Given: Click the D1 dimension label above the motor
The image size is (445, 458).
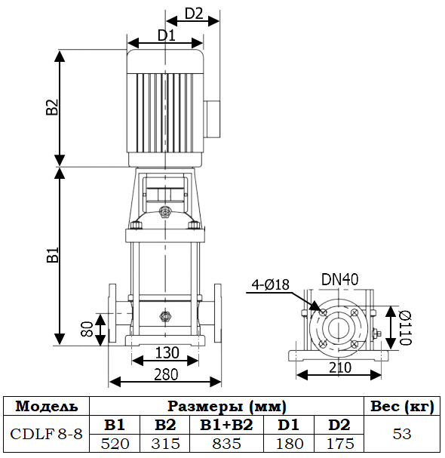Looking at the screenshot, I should pos(166,35).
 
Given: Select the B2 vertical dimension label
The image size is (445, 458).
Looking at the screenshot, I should pos(52,107).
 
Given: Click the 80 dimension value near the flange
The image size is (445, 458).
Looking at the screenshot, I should pos(87,329).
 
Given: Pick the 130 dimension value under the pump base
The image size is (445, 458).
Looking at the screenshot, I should pos(167,352).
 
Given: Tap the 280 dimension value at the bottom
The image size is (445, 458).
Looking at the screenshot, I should pos(166,373).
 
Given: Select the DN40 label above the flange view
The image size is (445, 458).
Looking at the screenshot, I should pos(340,279).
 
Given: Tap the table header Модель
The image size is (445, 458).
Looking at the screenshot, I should pos(46,406).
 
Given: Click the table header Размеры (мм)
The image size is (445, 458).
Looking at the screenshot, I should pos(226,406).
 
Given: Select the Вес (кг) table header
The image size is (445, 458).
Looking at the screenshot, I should pos(402,406).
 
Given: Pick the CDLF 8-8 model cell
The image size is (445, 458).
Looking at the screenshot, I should pos(46,435).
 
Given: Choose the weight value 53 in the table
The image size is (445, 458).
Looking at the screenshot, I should pos(402,435).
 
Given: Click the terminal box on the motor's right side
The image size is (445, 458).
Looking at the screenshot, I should pos(212,118).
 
